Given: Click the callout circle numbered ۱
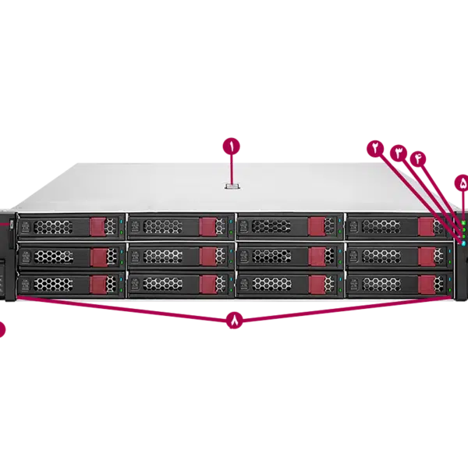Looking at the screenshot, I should click(x=232, y=146).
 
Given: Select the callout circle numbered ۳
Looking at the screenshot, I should click(x=399, y=152).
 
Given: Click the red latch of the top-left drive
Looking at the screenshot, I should click(x=98, y=226).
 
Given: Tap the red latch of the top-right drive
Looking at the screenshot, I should click(x=426, y=226).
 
